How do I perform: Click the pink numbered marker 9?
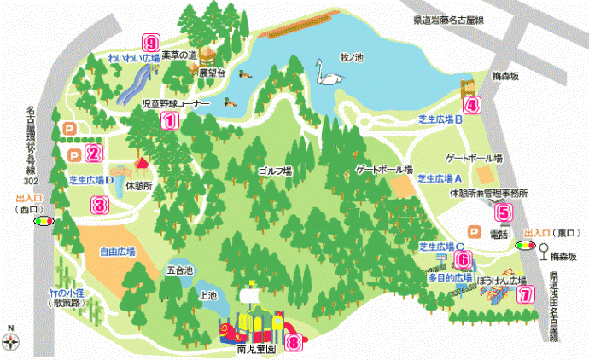[x=152, y=42]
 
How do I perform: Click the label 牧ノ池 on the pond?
[x=351, y=57]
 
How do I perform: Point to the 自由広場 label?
[x=117, y=253]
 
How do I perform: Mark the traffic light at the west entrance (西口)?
[x=43, y=220]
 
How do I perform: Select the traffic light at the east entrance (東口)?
[x=522, y=244]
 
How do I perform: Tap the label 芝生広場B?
[x=440, y=119]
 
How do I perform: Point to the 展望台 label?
[x=209, y=74]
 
